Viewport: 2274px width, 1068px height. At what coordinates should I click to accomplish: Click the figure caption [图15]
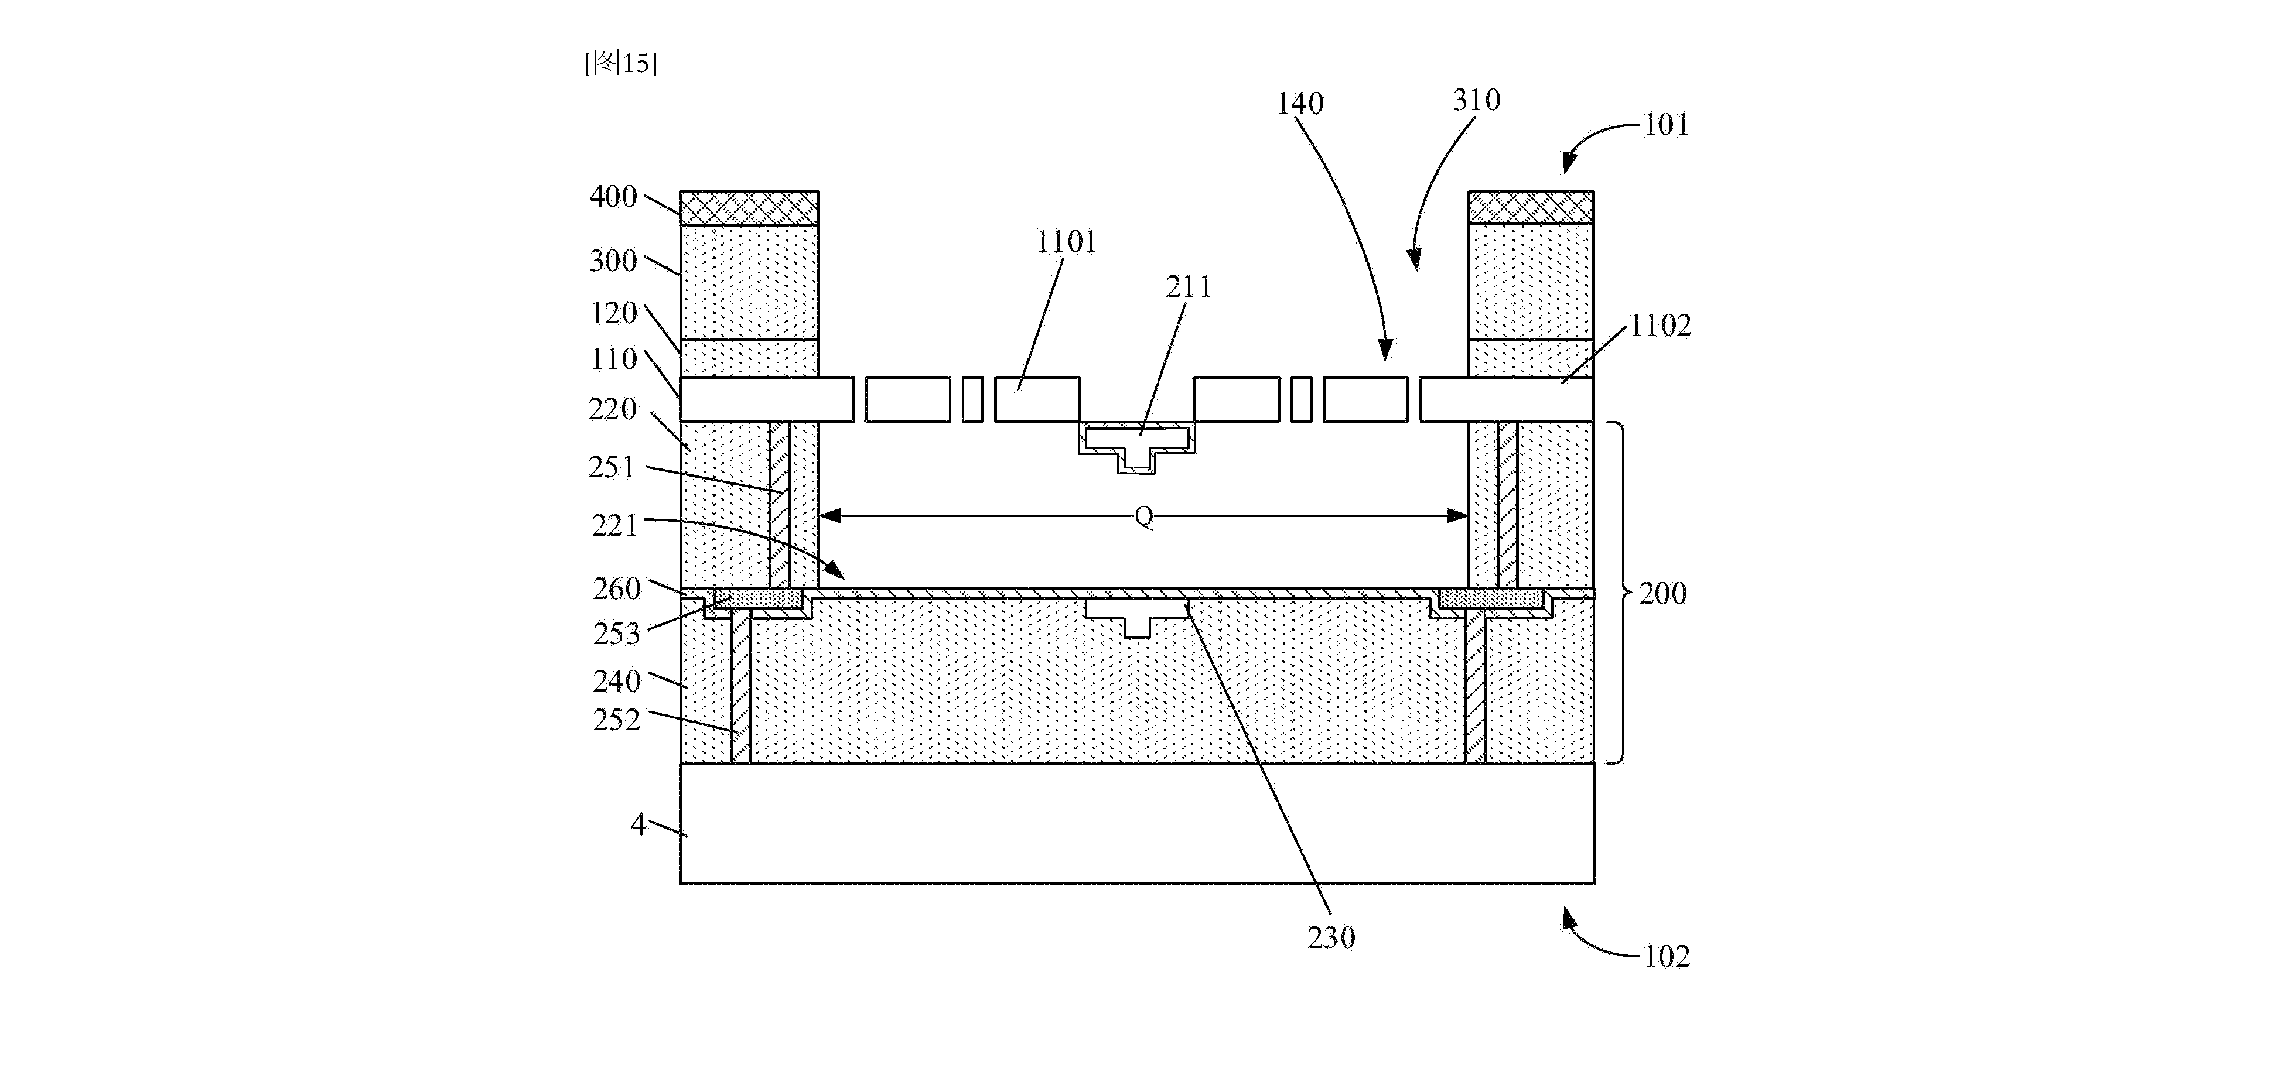click(x=620, y=63)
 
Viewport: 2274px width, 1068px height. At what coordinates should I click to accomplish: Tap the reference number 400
click(x=613, y=196)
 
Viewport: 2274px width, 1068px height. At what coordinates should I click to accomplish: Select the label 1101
click(x=1066, y=242)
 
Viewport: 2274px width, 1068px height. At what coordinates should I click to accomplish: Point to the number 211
click(x=1188, y=287)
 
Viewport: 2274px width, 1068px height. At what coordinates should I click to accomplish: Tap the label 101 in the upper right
click(x=1666, y=125)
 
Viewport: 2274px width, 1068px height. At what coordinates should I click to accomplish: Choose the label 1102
click(x=1660, y=326)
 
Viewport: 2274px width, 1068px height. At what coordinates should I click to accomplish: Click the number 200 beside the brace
click(x=1662, y=593)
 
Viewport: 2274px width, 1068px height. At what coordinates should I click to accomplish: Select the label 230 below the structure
click(x=1331, y=937)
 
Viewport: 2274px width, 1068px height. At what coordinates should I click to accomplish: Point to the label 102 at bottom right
click(x=1667, y=957)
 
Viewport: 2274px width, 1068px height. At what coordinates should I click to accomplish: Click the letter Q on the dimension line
click(x=1143, y=516)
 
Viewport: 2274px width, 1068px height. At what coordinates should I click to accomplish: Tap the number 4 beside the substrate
click(x=639, y=824)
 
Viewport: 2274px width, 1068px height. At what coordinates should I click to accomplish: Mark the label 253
click(x=616, y=634)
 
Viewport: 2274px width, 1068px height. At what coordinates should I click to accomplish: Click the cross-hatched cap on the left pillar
click(x=749, y=208)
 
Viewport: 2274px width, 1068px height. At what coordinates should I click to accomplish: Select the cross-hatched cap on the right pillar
click(x=1531, y=208)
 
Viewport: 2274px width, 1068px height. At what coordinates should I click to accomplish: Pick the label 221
click(x=614, y=526)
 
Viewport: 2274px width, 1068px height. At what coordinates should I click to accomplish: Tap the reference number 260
click(x=616, y=588)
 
